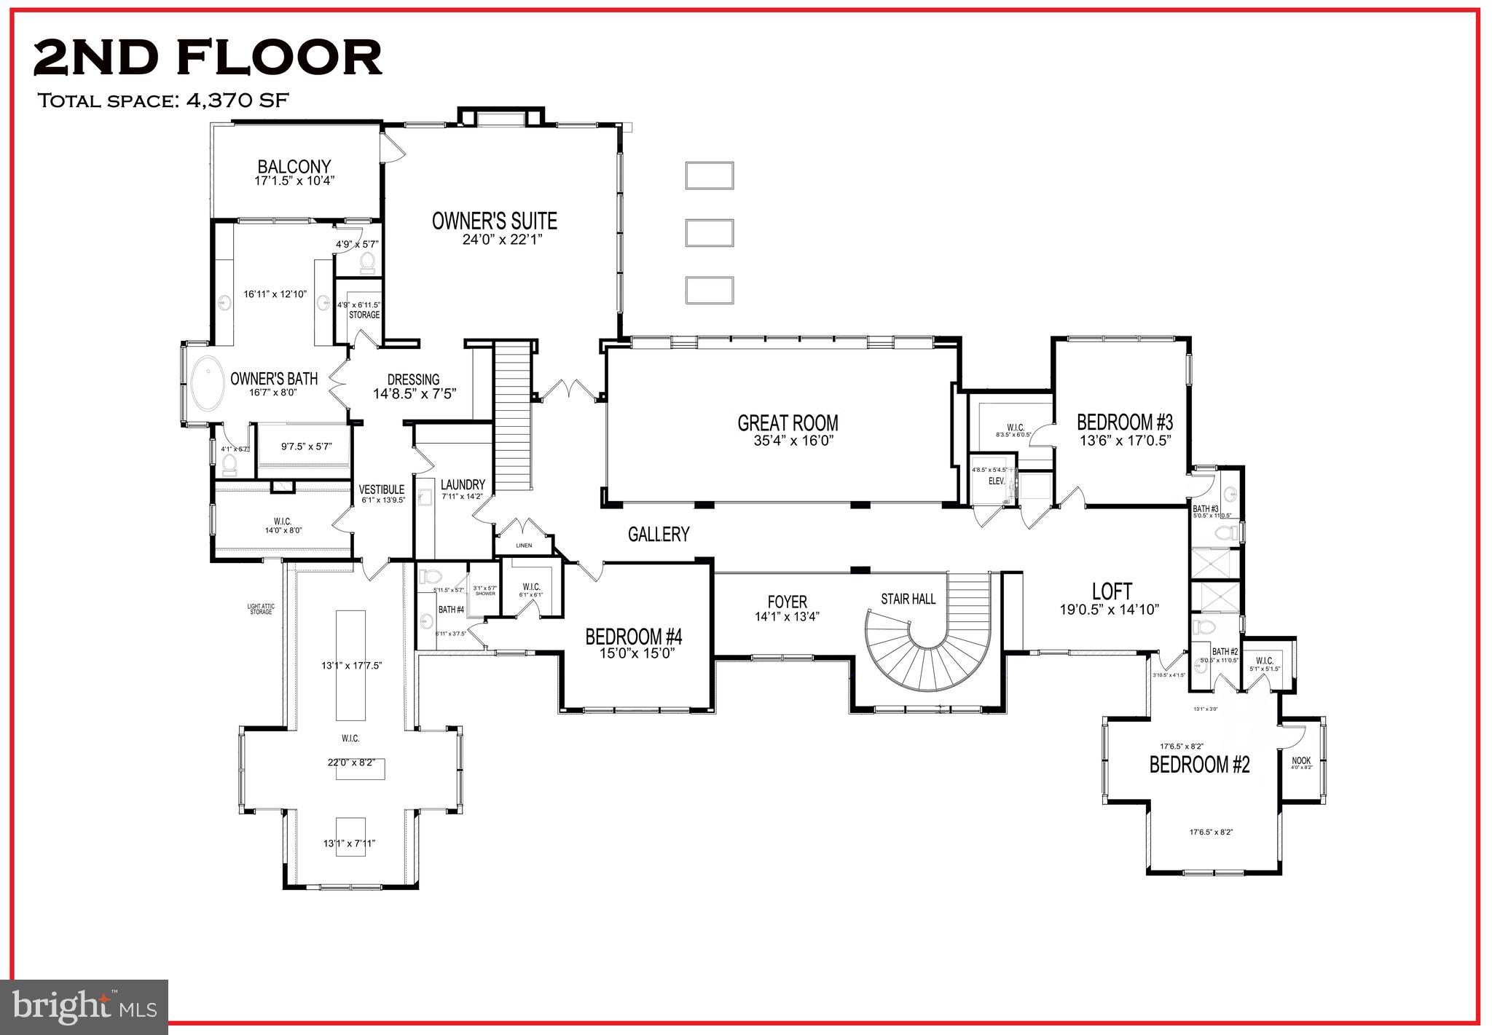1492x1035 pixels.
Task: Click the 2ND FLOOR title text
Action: pos(208,58)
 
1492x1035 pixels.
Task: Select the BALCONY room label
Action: pos(294,167)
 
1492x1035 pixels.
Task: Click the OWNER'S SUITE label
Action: pos(495,221)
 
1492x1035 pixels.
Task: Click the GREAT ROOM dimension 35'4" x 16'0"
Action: pos(788,441)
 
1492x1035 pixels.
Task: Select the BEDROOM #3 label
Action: pos(1125,422)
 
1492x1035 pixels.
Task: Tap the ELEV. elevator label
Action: pos(996,481)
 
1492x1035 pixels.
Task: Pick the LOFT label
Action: pos(1112,591)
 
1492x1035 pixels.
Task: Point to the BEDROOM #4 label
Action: pos(633,637)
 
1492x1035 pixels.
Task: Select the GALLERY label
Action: pos(659,535)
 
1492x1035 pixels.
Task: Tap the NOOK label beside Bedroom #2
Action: pos(1301,760)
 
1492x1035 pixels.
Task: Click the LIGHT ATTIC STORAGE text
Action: pos(261,609)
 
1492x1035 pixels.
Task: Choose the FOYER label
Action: pos(787,602)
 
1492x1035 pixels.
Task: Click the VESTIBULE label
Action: pos(382,489)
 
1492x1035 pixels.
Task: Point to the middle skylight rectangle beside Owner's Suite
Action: pos(709,233)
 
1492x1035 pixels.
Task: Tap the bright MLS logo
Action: pos(85,1007)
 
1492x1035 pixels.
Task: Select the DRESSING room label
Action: pos(413,379)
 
